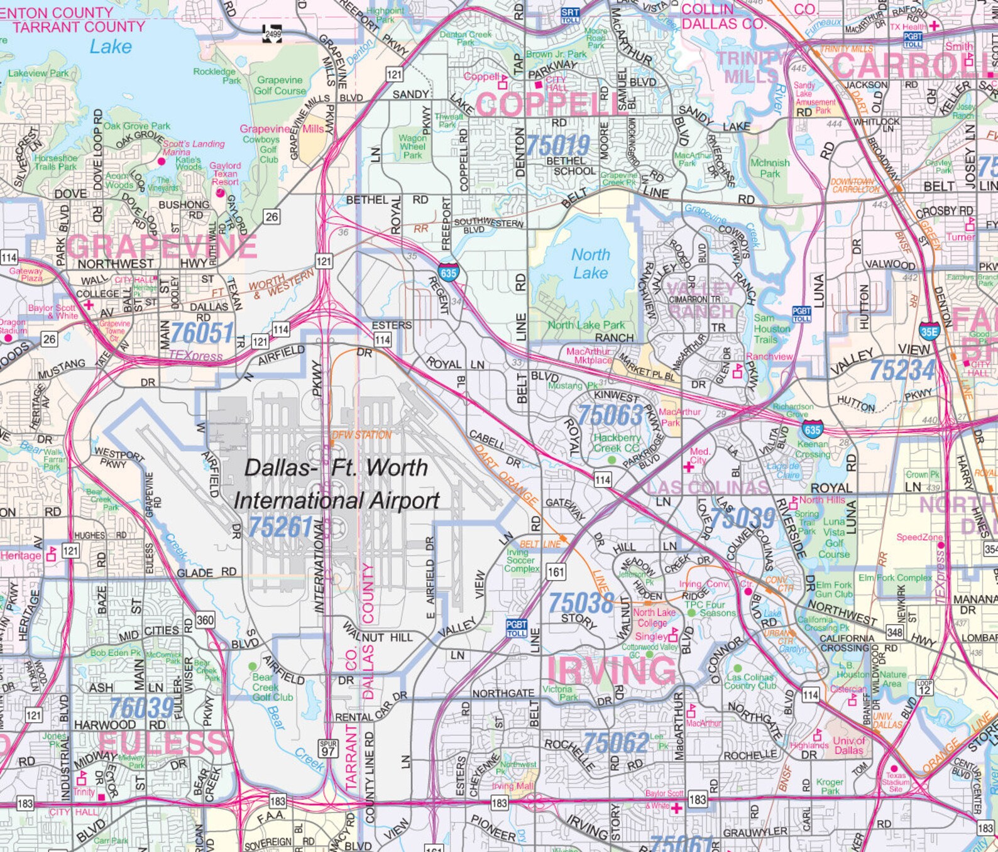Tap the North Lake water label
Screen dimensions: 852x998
[x=590, y=264]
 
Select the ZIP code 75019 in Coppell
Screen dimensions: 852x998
[x=557, y=145]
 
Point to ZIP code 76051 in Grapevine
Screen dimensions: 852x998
[x=202, y=333]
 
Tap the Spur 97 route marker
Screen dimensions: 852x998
[x=328, y=748]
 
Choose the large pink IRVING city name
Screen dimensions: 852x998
[x=611, y=670]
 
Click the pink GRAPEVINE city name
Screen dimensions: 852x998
[x=162, y=247]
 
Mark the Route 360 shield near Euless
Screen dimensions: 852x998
[x=205, y=620]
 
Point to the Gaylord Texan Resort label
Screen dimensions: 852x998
[x=225, y=173]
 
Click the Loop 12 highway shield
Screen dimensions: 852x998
[x=924, y=687]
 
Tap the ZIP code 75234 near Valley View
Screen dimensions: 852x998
[x=901, y=371]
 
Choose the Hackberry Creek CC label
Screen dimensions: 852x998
[x=617, y=443]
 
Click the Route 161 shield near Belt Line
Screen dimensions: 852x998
[x=556, y=572]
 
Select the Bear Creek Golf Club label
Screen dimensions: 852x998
[x=272, y=687]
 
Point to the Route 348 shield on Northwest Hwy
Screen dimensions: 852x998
[x=894, y=632]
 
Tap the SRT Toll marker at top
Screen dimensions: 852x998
[x=569, y=16]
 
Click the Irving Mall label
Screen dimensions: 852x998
[x=512, y=786]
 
